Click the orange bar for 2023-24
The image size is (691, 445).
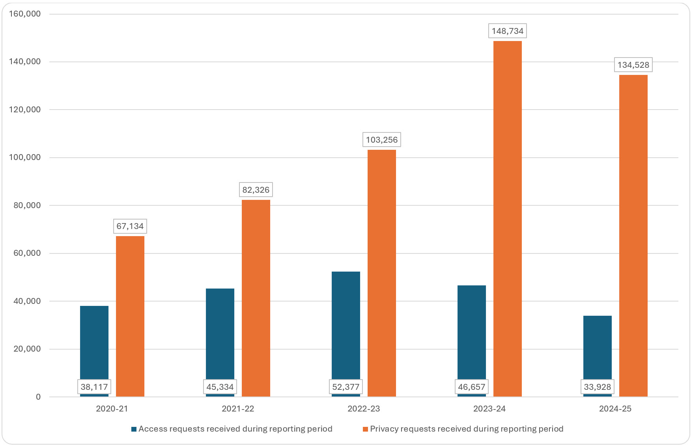tap(507, 219)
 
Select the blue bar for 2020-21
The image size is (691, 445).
tap(94, 343)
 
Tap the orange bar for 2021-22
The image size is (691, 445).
tap(256, 298)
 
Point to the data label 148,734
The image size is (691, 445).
tap(507, 31)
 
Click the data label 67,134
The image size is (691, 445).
tap(130, 226)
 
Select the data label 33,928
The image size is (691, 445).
tap(597, 387)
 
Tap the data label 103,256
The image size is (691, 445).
tap(381, 140)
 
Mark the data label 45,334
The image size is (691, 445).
tap(220, 387)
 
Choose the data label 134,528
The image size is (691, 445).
tap(633, 65)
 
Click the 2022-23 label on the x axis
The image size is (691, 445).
tap(363, 409)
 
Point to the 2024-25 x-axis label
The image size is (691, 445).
tap(615, 409)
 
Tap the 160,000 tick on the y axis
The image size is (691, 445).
tap(24, 14)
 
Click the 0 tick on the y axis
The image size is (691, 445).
tap(38, 397)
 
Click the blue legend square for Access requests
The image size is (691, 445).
tap(134, 429)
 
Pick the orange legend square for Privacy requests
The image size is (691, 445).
tap(366, 429)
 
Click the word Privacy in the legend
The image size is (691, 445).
tap(383, 429)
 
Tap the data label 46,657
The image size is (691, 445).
tap(471, 387)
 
